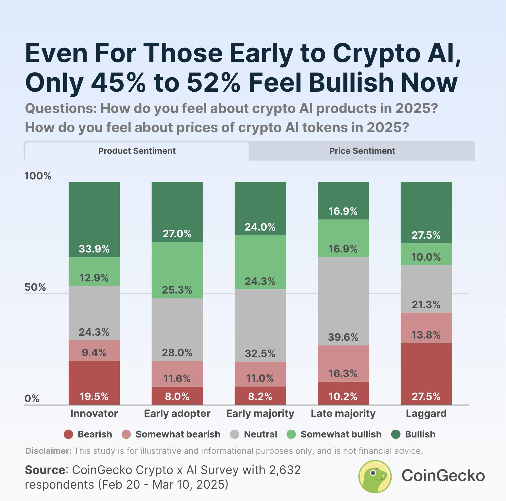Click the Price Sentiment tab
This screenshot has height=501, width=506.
362,151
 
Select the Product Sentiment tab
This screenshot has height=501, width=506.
137,151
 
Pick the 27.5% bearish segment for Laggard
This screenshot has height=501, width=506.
426,374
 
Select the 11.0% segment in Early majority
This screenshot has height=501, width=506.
260,374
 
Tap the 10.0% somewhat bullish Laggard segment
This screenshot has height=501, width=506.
426,254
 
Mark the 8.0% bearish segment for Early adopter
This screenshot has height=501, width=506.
177,396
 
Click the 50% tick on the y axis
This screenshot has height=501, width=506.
35,287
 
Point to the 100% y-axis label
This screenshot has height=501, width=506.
38,176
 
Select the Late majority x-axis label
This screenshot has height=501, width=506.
343,414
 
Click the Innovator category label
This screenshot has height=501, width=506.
94,414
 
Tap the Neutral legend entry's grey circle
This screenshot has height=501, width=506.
234,434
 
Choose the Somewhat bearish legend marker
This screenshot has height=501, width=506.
126,434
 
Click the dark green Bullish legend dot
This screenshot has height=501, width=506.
396,434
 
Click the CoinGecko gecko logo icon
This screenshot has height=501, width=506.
375,476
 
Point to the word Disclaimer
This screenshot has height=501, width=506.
48,451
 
